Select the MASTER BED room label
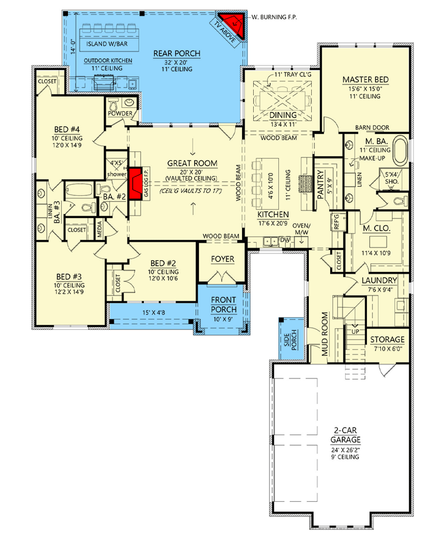click(365, 80)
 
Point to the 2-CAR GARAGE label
click(344, 435)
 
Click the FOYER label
click(223, 260)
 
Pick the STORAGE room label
click(386, 340)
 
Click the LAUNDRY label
click(379, 280)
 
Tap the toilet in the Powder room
click(114, 104)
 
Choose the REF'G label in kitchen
click(337, 223)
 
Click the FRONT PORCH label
click(223, 304)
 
